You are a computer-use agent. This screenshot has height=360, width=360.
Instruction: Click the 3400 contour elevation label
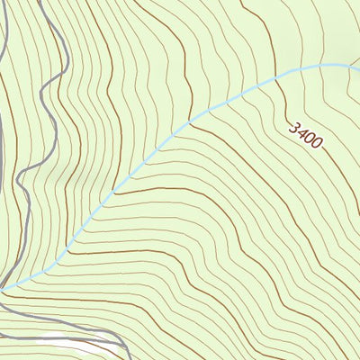(305, 135)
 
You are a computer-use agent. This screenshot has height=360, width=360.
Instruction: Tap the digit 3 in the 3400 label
(293, 127)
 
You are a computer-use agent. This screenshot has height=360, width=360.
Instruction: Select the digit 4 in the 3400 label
(301, 132)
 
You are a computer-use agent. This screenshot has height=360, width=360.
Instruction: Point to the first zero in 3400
(309, 138)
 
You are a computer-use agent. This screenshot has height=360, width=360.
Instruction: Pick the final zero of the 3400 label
(316, 143)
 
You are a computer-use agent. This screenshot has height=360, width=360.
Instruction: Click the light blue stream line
(135, 171)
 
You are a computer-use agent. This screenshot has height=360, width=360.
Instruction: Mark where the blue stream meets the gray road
(7, 288)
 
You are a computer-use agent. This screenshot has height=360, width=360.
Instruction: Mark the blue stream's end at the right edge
(358, 68)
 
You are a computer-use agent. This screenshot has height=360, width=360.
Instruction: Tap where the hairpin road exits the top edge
(41, 2)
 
